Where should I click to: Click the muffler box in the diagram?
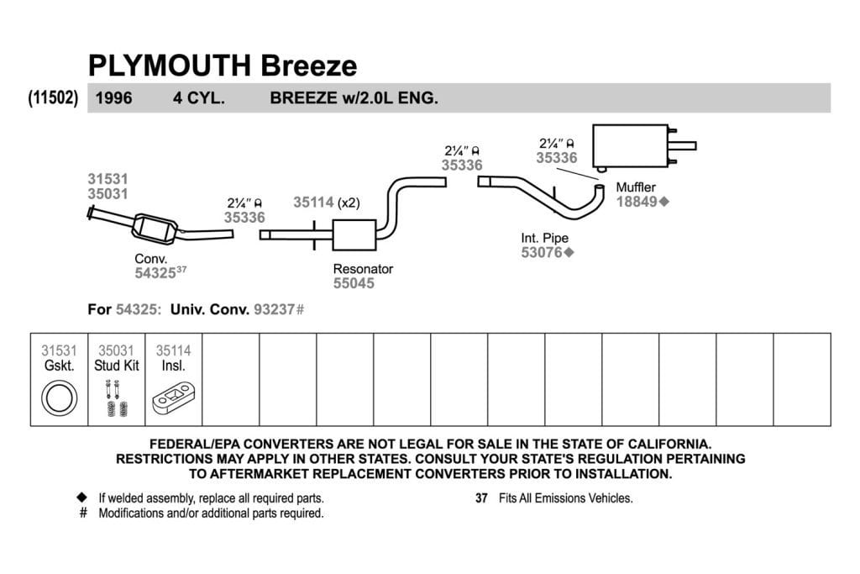(x=631, y=146)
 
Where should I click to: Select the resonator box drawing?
(x=354, y=234)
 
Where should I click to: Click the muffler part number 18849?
(x=637, y=202)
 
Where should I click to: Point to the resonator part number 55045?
(x=354, y=283)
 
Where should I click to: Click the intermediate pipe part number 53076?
(x=542, y=252)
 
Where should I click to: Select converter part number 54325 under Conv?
(x=155, y=273)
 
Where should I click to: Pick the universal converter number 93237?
(x=275, y=309)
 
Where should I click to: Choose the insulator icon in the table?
(x=173, y=399)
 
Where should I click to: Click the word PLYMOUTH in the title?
(x=170, y=66)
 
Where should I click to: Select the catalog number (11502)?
(x=53, y=97)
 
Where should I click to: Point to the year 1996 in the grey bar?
(x=113, y=98)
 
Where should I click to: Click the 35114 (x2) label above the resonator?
(x=327, y=203)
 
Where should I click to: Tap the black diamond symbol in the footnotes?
(x=81, y=498)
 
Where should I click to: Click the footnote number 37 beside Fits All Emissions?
(x=481, y=498)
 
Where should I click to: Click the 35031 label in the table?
(x=116, y=350)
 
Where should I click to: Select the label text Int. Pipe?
(x=544, y=238)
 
